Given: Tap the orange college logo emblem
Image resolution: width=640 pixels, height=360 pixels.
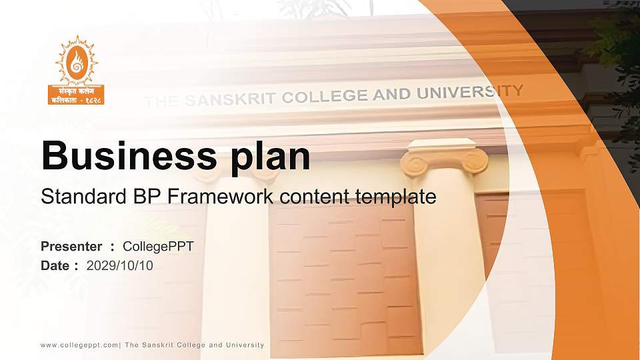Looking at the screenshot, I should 77,59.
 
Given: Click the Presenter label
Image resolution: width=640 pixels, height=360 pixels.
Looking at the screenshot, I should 71,247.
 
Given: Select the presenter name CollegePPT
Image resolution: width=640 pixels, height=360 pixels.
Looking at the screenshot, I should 159,247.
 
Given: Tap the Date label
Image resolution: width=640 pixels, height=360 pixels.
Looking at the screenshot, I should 55,266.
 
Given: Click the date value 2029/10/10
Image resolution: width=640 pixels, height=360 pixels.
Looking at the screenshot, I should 120,266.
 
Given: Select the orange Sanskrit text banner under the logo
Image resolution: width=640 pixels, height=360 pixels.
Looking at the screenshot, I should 77,95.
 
